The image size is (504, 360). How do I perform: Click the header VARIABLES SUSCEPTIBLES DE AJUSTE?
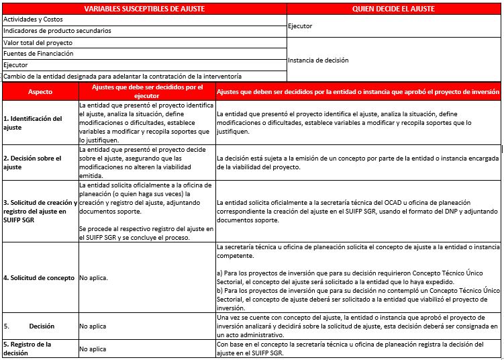[x=144, y=9]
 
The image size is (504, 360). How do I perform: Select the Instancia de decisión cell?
[x=318, y=60]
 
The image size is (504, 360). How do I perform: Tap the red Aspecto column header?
[x=40, y=91]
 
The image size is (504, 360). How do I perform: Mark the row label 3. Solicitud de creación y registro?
[x=40, y=210]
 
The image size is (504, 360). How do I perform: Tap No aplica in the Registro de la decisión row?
[x=93, y=349]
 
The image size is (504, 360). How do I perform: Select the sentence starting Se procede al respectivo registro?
[x=145, y=233]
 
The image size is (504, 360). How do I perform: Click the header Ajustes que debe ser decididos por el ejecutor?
[x=146, y=91]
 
